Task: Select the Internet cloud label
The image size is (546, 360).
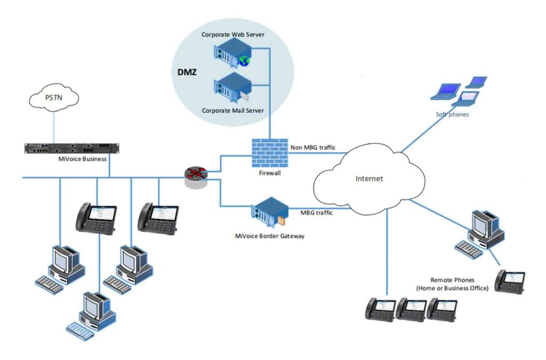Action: click(369, 179)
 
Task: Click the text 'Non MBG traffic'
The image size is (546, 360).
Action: click(312, 148)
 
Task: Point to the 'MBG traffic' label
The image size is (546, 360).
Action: click(317, 212)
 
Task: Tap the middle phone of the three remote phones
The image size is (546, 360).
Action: click(411, 309)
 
